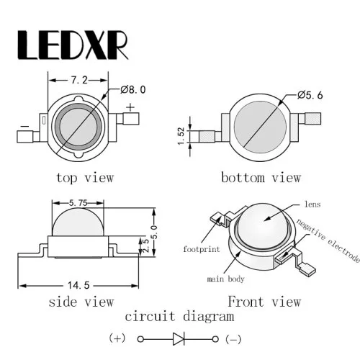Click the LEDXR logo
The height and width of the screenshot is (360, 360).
(73, 45)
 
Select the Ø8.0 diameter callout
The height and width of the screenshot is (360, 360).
(133, 89)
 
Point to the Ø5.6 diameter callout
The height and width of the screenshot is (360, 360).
(310, 95)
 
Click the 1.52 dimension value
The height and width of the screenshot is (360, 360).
(181, 136)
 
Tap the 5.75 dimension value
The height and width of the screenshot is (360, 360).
(78, 203)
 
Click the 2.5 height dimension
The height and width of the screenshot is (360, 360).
(145, 245)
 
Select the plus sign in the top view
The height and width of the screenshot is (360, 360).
(130, 107)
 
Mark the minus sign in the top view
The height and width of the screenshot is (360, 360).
(24, 126)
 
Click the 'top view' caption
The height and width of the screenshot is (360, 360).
(85, 178)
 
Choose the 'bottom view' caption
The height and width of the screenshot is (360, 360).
(261, 178)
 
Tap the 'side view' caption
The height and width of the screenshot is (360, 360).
(81, 302)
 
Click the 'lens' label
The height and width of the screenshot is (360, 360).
(312, 204)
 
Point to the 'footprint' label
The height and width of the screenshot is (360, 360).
(202, 249)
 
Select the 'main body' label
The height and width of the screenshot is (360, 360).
(225, 279)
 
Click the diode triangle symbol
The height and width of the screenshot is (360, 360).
(178, 339)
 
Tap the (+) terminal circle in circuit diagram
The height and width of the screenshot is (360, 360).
(140, 339)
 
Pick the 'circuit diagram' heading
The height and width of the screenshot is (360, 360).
(179, 317)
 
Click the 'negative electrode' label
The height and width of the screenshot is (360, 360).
(328, 240)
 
